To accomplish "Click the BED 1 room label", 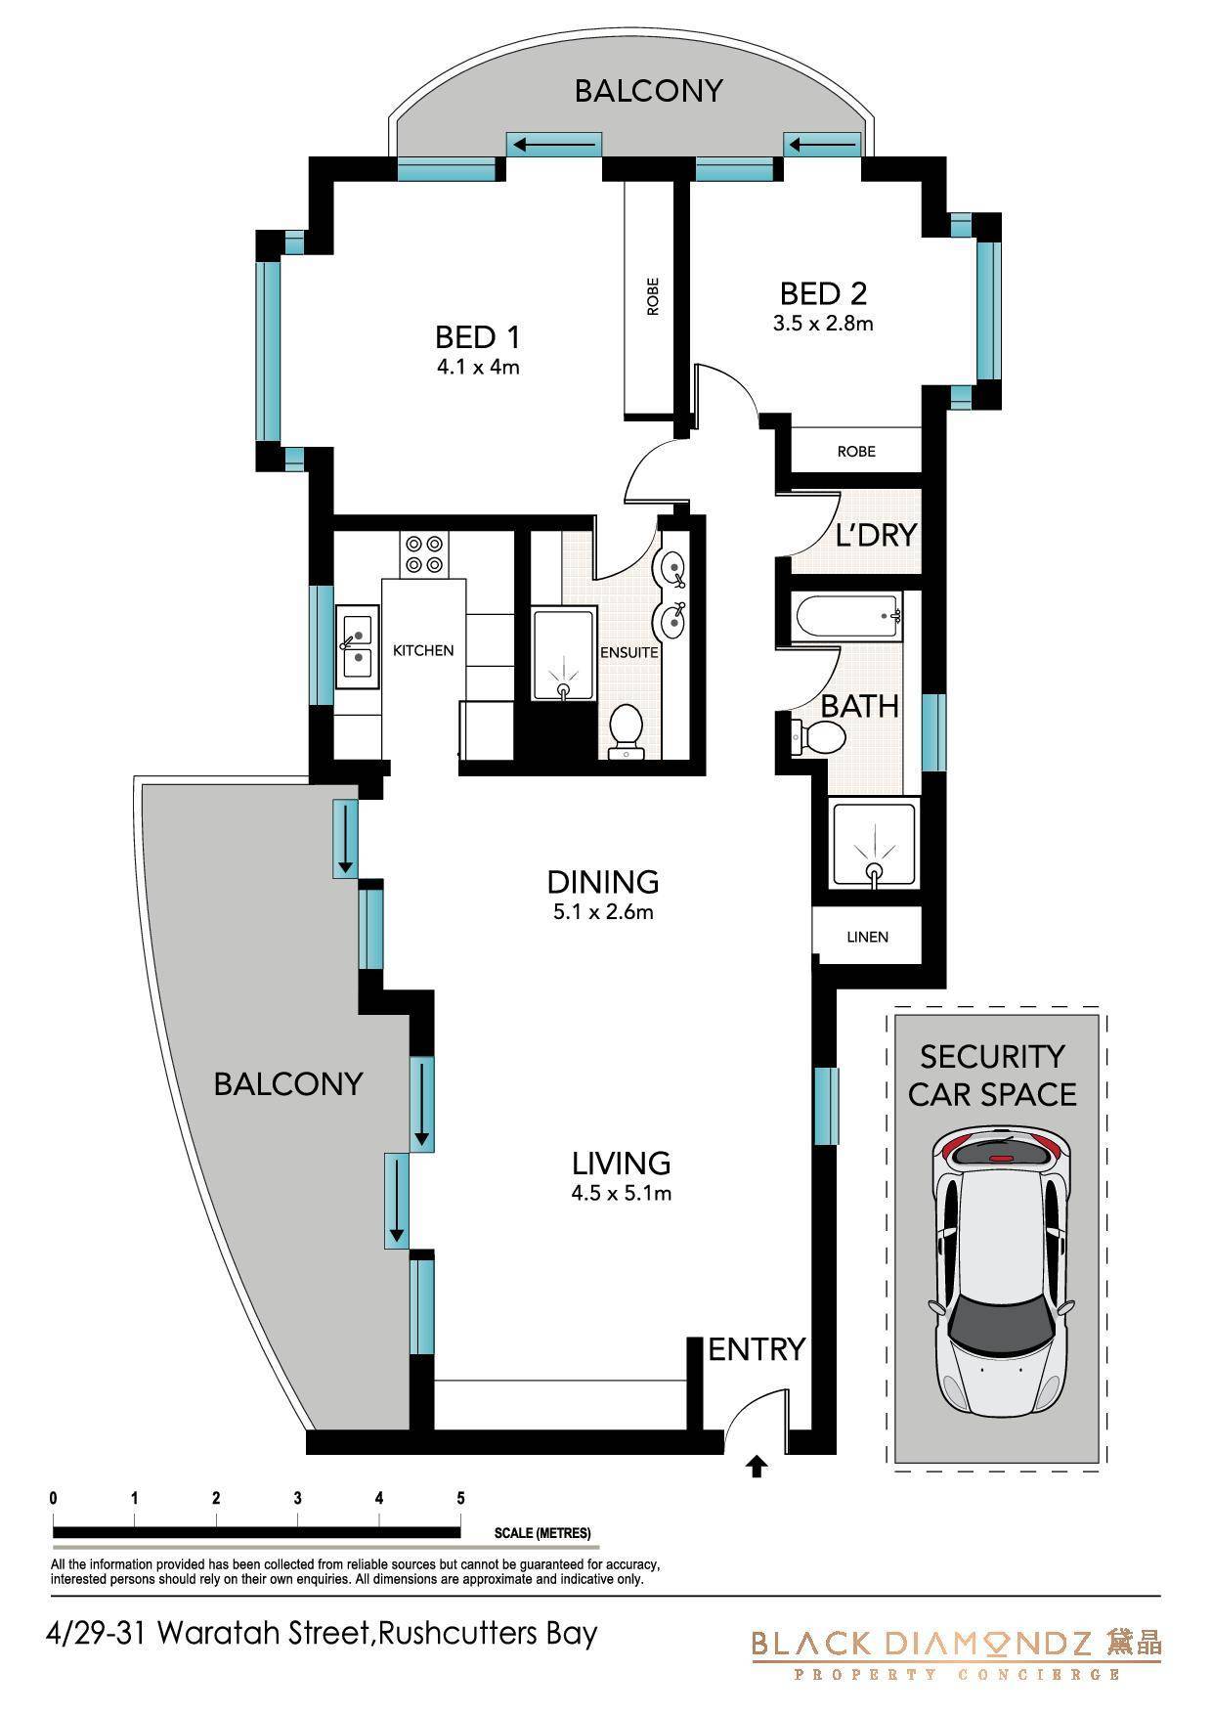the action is click(478, 337).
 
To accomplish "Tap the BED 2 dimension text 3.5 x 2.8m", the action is click(823, 324).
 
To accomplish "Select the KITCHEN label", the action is click(423, 650).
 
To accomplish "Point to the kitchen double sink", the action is click(358, 645).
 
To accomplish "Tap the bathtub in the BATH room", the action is click(847, 617).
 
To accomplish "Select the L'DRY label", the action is click(877, 535).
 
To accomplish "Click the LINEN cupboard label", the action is click(868, 937).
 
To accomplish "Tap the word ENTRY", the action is click(757, 1349).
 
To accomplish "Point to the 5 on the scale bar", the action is click(460, 1498).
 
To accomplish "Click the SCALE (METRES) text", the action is click(542, 1533).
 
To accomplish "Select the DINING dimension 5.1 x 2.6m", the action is click(602, 913).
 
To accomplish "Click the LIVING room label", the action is click(622, 1163).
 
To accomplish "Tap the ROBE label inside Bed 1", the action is click(653, 296).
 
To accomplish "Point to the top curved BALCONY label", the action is click(649, 91).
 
